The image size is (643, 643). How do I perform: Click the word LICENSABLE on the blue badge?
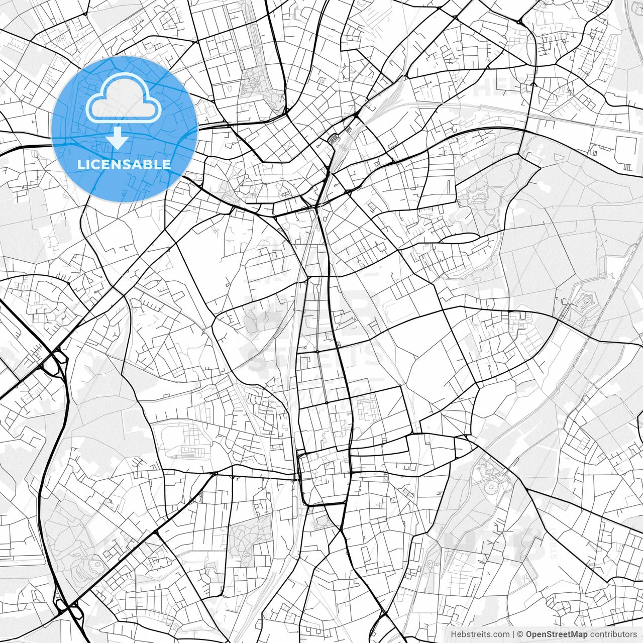(124, 164)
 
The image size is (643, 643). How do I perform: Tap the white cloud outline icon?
(124, 98)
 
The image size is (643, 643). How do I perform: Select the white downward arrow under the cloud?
(118, 138)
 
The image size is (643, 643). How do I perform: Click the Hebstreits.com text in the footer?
(480, 634)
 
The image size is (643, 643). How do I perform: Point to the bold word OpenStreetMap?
(556, 634)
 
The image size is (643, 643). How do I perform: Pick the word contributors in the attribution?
(613, 634)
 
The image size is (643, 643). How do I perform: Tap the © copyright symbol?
(520, 634)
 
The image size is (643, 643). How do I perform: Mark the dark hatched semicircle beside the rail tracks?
(333, 138)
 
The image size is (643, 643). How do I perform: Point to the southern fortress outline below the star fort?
(490, 475)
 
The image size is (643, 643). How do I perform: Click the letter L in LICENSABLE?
(80, 164)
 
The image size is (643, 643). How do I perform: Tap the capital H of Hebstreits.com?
(454, 634)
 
